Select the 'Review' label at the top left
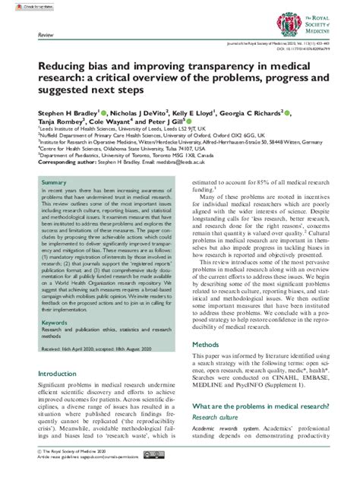45,35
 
